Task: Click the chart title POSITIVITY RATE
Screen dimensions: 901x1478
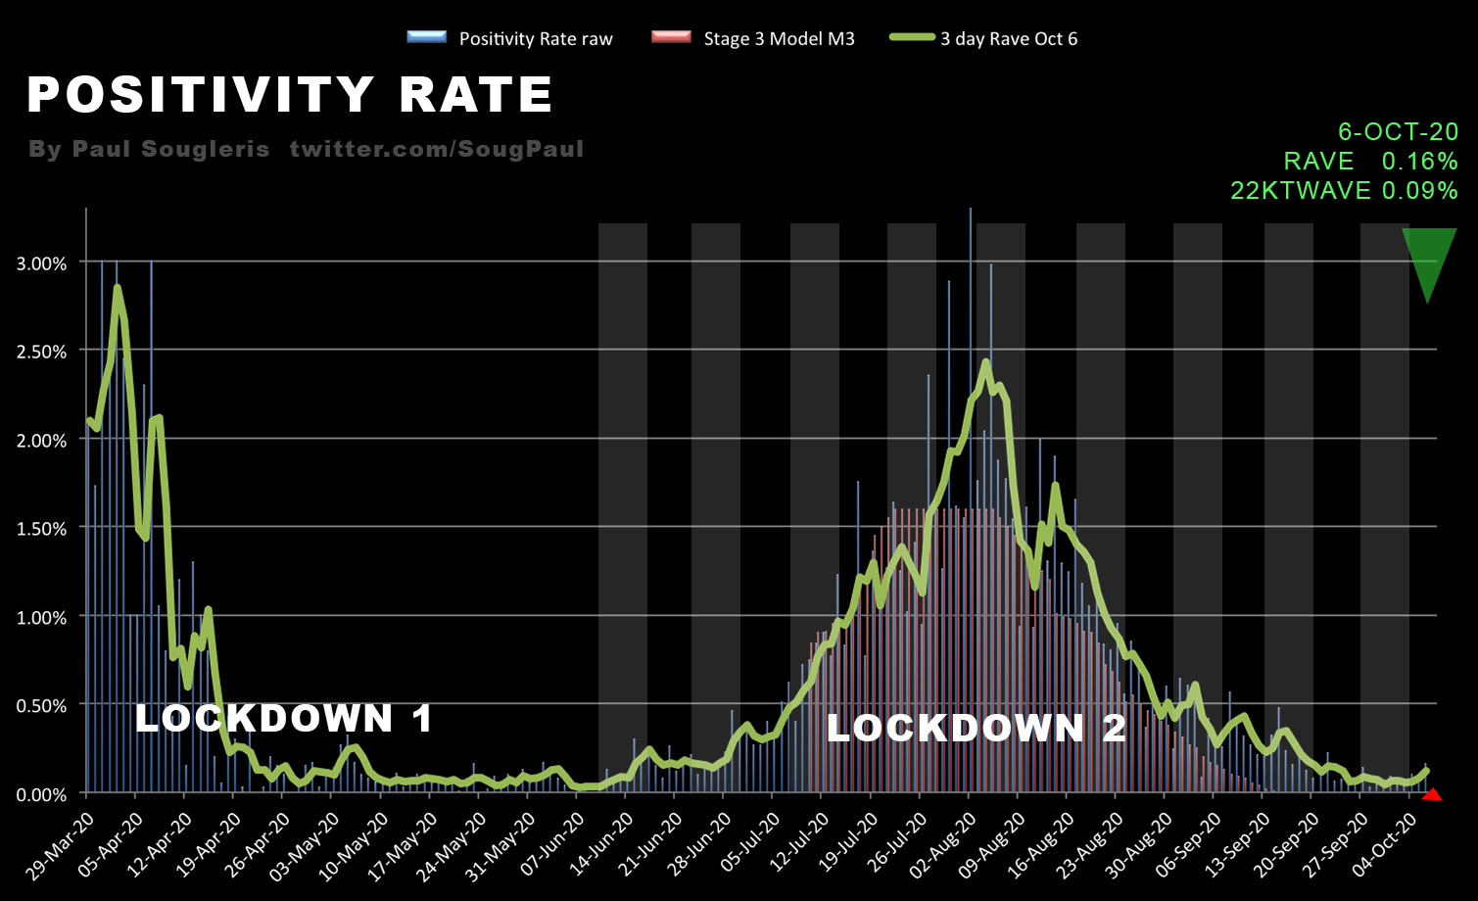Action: pyautogui.click(x=290, y=95)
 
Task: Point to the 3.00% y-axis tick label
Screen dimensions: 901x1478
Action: pyautogui.click(x=42, y=263)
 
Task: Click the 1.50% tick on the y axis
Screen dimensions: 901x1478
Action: pyautogui.click(x=42, y=529)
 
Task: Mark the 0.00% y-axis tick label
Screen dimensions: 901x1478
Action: pyautogui.click(x=42, y=794)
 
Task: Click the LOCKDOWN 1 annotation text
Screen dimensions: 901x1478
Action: pyautogui.click(x=284, y=719)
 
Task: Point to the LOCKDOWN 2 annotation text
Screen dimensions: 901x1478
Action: pyautogui.click(x=977, y=728)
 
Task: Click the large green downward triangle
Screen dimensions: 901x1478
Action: pyautogui.click(x=1429, y=260)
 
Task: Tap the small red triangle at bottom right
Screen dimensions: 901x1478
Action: pyautogui.click(x=1432, y=795)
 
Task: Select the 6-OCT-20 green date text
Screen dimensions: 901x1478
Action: pyautogui.click(x=1398, y=131)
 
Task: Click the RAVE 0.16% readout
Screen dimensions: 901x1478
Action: pyautogui.click(x=1370, y=161)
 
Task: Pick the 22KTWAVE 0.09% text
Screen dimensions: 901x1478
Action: pyautogui.click(x=1344, y=190)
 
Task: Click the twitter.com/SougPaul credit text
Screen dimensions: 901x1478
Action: pyautogui.click(x=436, y=149)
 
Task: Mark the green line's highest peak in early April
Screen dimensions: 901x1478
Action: pyautogui.click(x=117, y=288)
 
